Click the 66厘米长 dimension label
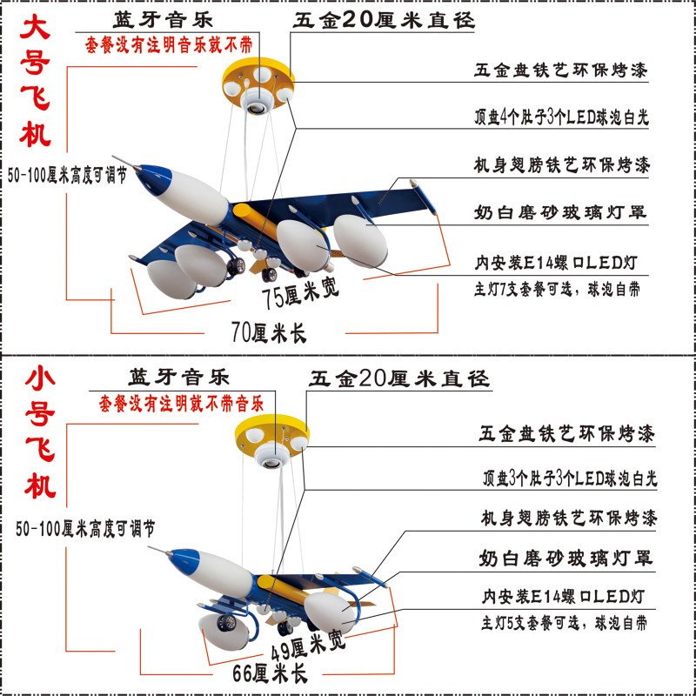pyautogui.click(x=270, y=672)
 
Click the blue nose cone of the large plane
pyautogui.click(x=144, y=171)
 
